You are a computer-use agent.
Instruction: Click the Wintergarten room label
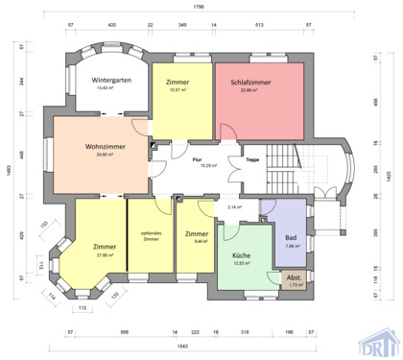(111, 81)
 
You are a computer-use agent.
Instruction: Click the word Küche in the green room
(242, 256)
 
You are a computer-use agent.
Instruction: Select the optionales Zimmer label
(151, 235)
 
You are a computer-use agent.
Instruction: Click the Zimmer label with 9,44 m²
(197, 234)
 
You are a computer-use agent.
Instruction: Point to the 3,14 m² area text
(233, 206)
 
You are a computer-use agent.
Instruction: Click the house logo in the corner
(379, 341)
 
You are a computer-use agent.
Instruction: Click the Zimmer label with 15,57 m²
(178, 82)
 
